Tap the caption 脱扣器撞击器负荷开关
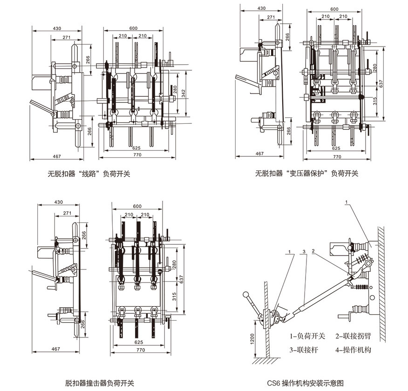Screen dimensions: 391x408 point(100,383)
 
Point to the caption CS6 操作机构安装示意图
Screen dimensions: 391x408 point(306,383)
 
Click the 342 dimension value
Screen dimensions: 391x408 point(183,94)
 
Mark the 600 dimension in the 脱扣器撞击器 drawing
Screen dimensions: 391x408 point(137,206)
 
